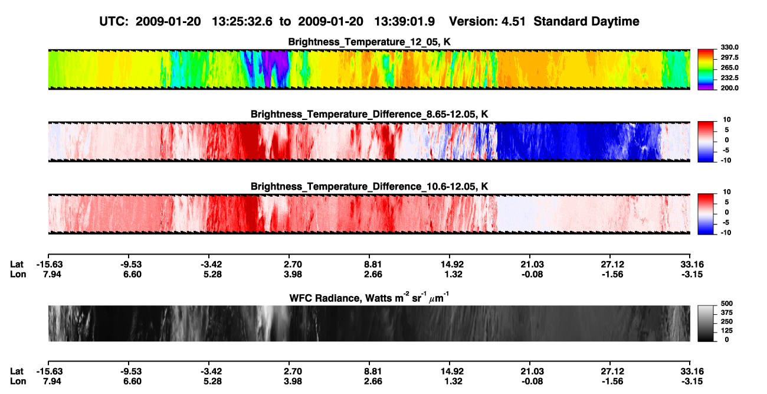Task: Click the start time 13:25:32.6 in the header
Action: point(242,21)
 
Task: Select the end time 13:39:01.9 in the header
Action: point(404,21)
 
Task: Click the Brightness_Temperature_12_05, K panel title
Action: point(369,42)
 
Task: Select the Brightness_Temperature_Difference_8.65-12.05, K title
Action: point(369,114)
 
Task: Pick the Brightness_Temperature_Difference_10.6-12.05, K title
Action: point(369,187)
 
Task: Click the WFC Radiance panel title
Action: point(369,298)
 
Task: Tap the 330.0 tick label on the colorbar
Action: point(729,47)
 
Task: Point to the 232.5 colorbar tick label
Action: point(729,78)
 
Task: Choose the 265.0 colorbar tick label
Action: point(729,67)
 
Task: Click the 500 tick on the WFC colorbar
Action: point(727,304)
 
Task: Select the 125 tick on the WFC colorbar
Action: point(727,331)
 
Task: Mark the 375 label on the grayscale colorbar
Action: point(727,312)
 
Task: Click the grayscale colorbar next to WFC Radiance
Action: point(706,323)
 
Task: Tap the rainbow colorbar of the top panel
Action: point(706,70)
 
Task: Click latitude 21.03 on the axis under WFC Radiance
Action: point(532,372)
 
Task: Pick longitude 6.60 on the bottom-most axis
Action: point(133,382)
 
